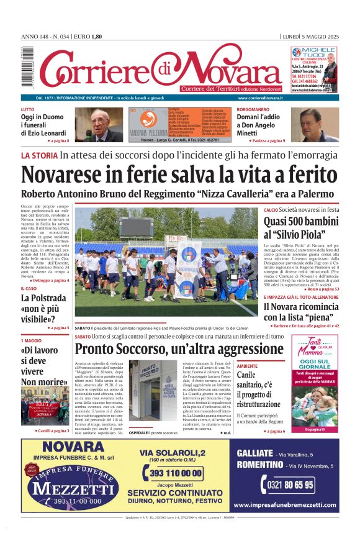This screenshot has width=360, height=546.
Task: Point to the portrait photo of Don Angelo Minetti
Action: (318, 125)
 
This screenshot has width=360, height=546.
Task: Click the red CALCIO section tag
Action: (271, 211)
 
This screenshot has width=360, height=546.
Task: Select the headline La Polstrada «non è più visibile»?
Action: (43, 309)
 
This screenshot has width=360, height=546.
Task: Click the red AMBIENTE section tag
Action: (247, 366)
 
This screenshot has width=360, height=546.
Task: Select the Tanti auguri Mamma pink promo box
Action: (315, 383)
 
